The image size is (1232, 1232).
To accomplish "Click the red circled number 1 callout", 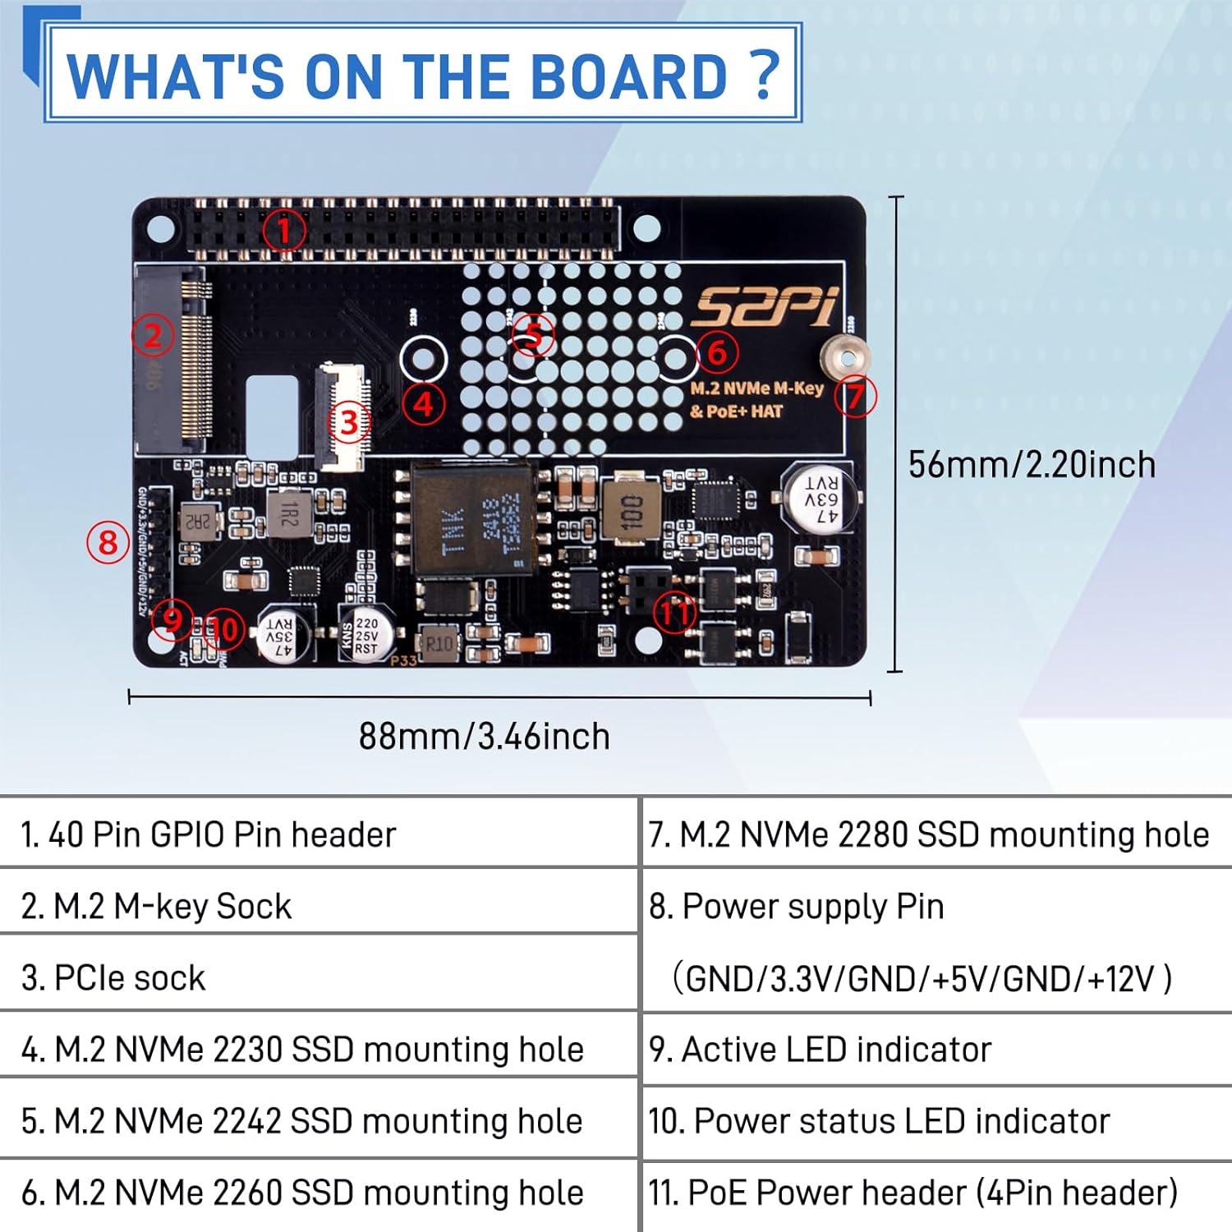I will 284,230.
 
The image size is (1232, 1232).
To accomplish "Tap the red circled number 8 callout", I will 108,543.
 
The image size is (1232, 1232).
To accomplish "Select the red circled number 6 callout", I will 717,352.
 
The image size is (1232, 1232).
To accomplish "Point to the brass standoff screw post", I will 844,358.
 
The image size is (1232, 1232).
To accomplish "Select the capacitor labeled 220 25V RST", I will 365,636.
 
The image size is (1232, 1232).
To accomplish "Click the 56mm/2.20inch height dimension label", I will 1032,465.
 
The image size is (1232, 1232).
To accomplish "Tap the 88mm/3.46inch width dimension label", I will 485,737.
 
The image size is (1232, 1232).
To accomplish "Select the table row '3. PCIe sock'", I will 113,978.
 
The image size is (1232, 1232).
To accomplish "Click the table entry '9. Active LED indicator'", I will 820,1050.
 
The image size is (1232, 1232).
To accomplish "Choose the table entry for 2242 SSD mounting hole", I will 302,1121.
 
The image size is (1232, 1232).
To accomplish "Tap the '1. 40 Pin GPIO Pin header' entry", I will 209,834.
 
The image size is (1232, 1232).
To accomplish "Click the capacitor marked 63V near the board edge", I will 820,499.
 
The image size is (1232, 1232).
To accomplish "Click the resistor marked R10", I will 439,643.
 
